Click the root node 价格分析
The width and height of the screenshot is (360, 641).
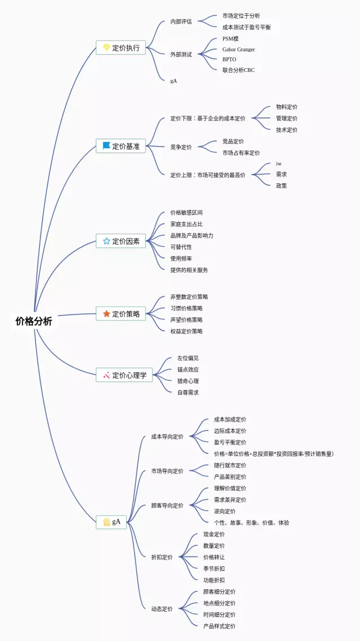pos(34,321)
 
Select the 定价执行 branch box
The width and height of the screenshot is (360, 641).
pos(121,48)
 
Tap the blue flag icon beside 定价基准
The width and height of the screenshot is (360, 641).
pos(106,146)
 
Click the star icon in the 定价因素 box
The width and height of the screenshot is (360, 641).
pos(106,241)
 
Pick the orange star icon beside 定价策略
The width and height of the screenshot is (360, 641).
pos(106,314)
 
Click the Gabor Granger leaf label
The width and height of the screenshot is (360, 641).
pos(238,49)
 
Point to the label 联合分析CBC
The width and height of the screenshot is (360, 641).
pos(238,70)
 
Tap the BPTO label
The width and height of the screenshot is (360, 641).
pos(229,60)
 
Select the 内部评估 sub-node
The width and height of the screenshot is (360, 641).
pos(181,22)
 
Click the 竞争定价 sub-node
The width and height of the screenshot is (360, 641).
pos(181,147)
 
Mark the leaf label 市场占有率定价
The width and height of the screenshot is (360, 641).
pos(241,153)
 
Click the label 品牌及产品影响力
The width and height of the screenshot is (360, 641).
pos(192,236)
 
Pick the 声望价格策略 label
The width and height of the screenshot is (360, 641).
pos(187,319)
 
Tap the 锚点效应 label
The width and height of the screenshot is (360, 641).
pos(188,369)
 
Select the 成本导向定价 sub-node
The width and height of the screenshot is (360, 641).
pos(167,436)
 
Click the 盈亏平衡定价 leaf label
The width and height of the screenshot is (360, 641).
pos(230,443)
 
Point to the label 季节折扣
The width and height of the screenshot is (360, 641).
pos(214,568)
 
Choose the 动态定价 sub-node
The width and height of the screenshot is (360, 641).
pos(162,609)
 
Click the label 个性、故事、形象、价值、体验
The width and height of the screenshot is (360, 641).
pos(251,523)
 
